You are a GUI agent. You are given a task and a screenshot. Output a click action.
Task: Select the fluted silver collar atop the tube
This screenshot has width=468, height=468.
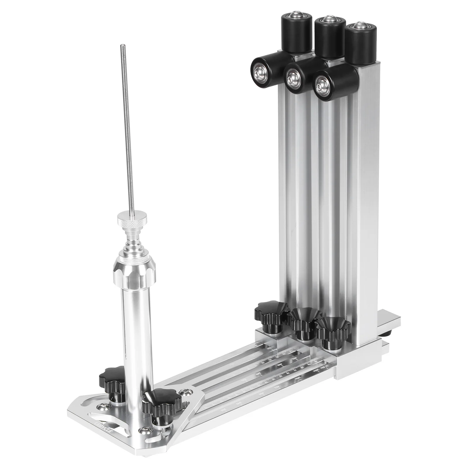pos(132,270)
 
